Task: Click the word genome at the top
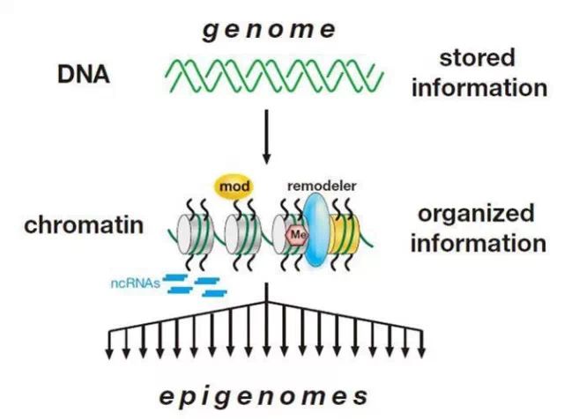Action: [x=270, y=30]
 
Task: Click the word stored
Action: [x=478, y=60]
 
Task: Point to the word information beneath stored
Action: [x=479, y=88]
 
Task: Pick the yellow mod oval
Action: [x=233, y=186]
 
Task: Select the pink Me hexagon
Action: [x=297, y=234]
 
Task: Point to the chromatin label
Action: [x=85, y=225]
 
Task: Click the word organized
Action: [x=476, y=214]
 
